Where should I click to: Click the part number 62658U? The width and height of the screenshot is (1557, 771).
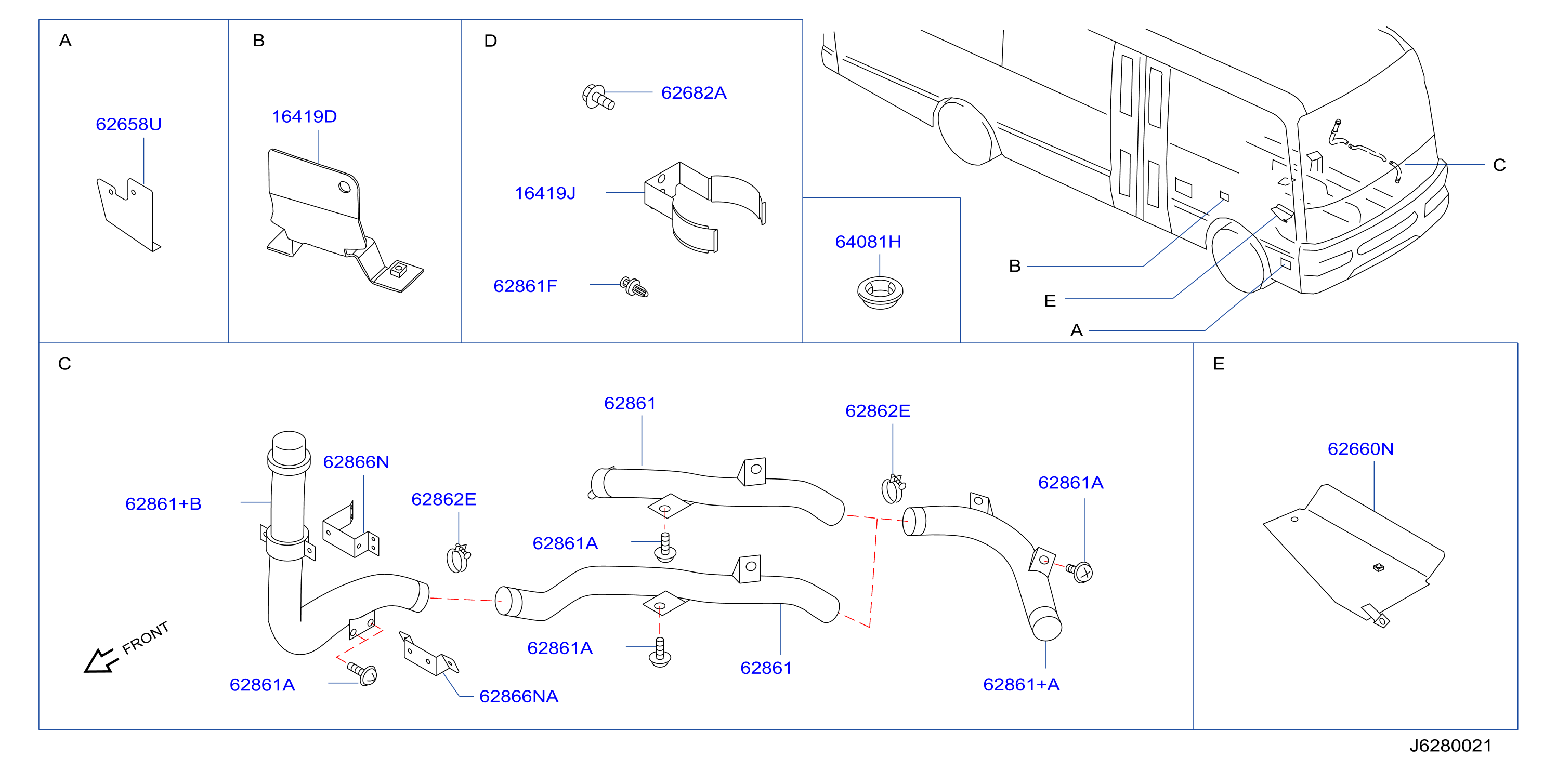pos(129,125)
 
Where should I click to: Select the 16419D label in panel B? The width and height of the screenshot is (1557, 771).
pos(304,116)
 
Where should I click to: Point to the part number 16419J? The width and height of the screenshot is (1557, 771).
pos(545,193)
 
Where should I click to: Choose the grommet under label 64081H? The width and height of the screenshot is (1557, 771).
pos(880,292)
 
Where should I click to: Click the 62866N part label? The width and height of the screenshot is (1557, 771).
pos(356,462)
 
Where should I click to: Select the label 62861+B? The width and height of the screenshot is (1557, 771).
pos(163,504)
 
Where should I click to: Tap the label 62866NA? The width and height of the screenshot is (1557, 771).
pos(519,697)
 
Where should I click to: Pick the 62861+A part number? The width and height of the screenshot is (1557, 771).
pos(1022,685)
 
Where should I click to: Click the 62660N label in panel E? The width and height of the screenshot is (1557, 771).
pos(1360,449)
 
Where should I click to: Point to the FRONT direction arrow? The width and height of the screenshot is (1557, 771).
pos(99,660)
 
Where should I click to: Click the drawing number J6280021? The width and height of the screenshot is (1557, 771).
pos(1450,746)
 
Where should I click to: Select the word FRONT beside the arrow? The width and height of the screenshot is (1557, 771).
pos(146,638)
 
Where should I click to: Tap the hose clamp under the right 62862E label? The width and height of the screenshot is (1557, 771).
pos(893,488)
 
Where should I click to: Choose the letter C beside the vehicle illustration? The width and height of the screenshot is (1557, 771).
pos(1499,165)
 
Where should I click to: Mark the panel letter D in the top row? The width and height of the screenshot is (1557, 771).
pos(490,41)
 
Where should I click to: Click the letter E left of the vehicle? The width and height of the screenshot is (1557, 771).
pos(1050,301)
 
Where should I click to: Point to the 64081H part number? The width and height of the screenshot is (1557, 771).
pos(868,242)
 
